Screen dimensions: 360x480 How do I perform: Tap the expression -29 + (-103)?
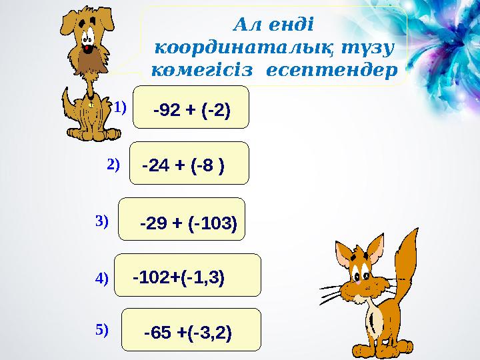(189, 223)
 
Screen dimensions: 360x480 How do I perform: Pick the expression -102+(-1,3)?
(179, 276)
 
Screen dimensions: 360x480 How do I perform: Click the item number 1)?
(119, 107)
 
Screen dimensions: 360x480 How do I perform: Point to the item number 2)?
(113, 163)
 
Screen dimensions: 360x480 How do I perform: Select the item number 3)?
(102, 221)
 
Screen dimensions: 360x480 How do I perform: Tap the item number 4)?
(102, 279)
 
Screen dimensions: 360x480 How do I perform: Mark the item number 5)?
(102, 329)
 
